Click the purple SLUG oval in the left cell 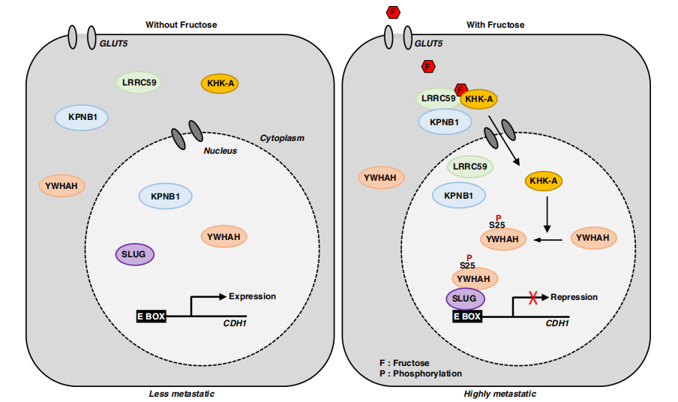point(135,254)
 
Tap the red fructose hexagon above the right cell point(392,11)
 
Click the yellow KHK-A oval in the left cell point(219,83)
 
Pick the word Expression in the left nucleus point(252,296)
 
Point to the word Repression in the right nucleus point(574,297)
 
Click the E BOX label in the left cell point(151,316)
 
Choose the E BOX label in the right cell point(466,316)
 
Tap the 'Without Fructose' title point(181,25)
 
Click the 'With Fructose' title point(496,25)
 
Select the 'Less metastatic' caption point(182,394)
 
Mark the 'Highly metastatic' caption point(500,394)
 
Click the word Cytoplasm point(282,138)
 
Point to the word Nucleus point(220,151)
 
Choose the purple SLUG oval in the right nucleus point(465,298)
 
